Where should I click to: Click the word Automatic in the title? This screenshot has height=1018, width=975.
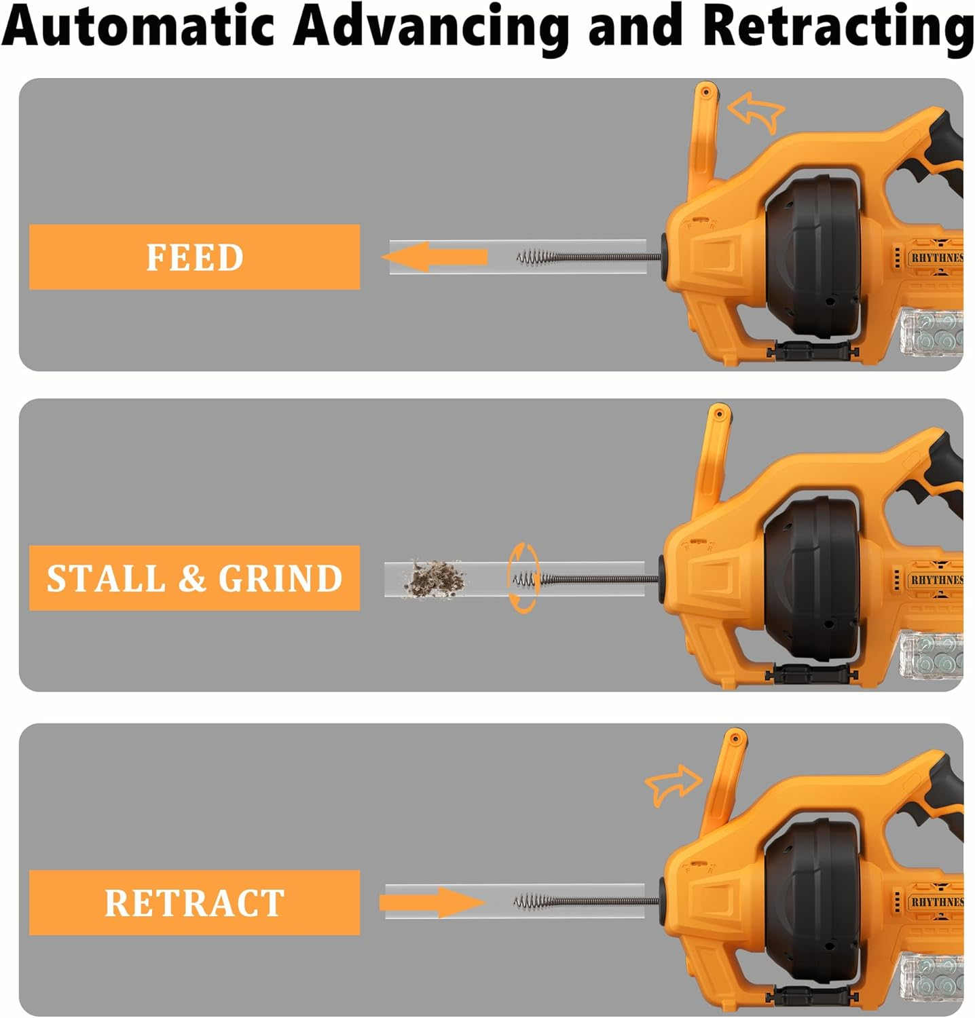pyautogui.click(x=139, y=26)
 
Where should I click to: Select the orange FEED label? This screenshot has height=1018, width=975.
pyautogui.click(x=194, y=257)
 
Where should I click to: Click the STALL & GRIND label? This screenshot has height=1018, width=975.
pyautogui.click(x=194, y=578)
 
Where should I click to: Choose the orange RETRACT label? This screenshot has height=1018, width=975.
pyautogui.click(x=194, y=903)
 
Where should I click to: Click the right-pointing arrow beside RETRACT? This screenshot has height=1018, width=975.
pyautogui.click(x=432, y=903)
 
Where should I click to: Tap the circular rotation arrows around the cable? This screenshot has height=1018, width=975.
pyautogui.click(x=523, y=578)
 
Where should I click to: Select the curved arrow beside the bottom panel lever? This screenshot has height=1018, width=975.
pyautogui.click(x=673, y=785)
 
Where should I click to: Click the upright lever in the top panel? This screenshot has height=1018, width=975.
pyautogui.click(x=703, y=136)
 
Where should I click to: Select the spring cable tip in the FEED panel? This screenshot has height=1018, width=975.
pyautogui.click(x=533, y=258)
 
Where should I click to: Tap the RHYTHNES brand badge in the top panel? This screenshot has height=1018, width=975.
pyautogui.click(x=936, y=258)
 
